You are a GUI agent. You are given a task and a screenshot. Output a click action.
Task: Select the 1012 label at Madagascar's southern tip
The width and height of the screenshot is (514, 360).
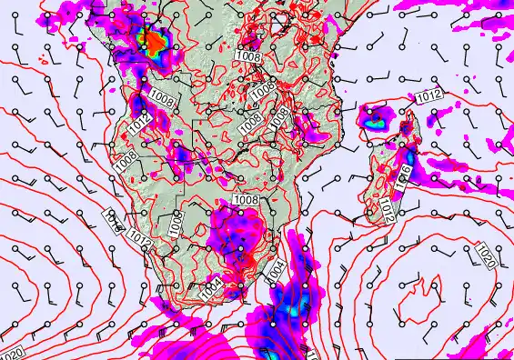388,211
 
